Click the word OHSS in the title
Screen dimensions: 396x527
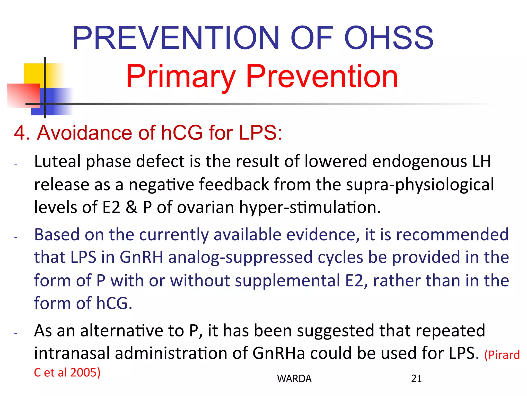tap(389, 38)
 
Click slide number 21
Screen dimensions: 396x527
tap(416, 378)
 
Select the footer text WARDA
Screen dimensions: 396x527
tap(294, 378)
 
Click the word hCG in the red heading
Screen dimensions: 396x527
tap(182, 133)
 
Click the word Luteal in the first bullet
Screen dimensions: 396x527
tap(57, 161)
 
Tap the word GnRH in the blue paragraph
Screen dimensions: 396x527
tap(141, 257)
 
